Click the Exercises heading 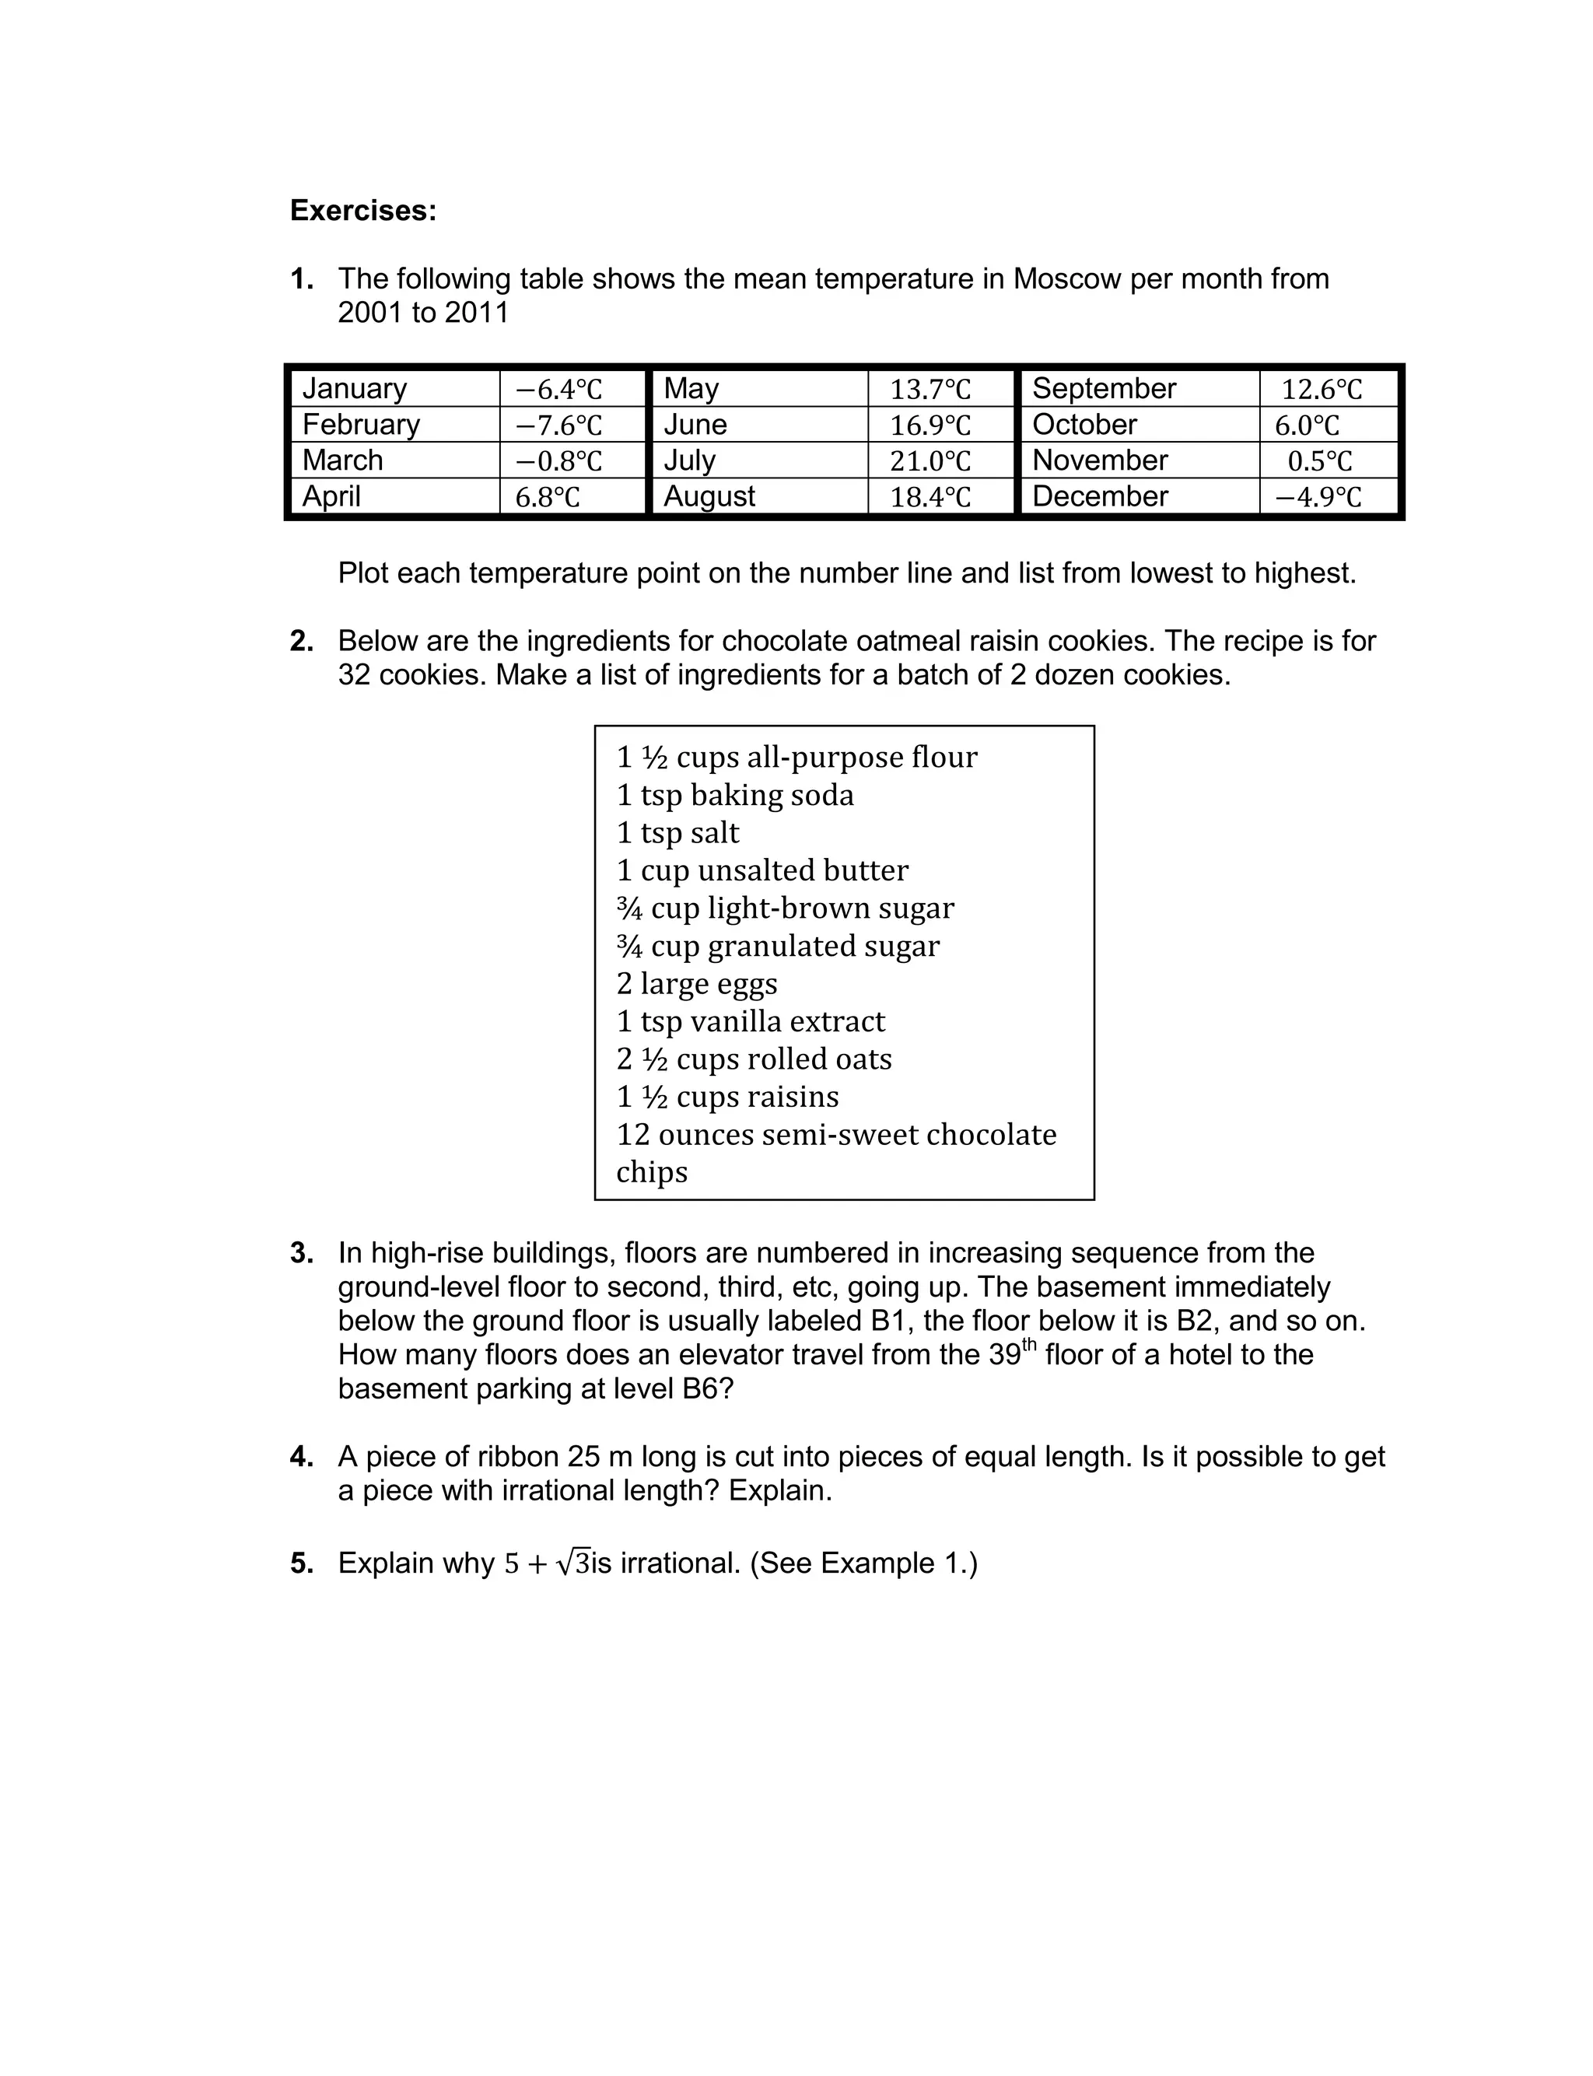coord(363,211)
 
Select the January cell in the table coord(354,389)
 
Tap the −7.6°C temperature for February coord(558,425)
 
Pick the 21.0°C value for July coord(930,460)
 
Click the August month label coord(709,495)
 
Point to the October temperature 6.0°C coord(1307,425)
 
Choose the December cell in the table coord(1099,495)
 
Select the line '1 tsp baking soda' coord(735,794)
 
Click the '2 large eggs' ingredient coord(696,983)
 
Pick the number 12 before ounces coord(632,1135)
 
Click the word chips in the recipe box coord(651,1171)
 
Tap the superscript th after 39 coord(1029,1343)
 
